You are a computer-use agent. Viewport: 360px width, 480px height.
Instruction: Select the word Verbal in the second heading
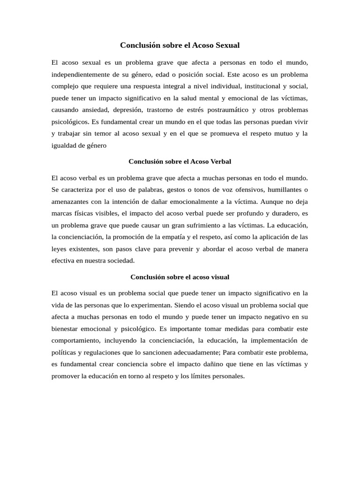220,162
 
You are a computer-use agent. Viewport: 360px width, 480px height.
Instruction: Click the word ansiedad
94,110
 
